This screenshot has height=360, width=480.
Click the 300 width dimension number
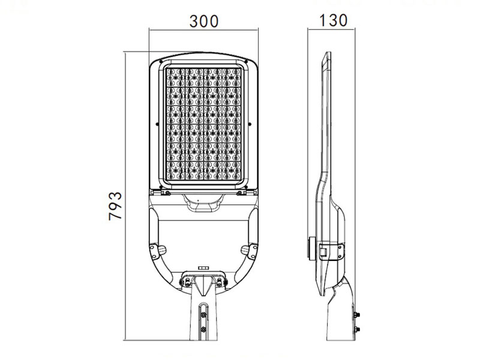point(204,22)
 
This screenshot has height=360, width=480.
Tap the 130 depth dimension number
point(333,20)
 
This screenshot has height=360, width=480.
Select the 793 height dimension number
point(115,206)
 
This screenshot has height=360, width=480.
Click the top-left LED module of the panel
point(176,77)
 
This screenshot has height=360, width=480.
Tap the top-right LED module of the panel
point(232,77)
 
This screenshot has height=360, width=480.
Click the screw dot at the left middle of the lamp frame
point(157,124)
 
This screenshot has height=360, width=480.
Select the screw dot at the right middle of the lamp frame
point(250,124)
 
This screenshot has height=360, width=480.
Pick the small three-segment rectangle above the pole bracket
point(203,268)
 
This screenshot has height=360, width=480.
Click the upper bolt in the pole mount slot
point(203,314)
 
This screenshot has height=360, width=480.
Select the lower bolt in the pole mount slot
point(203,329)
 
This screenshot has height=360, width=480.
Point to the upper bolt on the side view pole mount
point(356,314)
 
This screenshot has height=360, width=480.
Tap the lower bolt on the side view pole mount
point(356,329)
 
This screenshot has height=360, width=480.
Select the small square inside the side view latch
point(323,252)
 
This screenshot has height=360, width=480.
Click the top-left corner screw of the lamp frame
point(161,61)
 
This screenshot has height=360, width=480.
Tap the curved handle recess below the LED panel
point(203,202)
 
